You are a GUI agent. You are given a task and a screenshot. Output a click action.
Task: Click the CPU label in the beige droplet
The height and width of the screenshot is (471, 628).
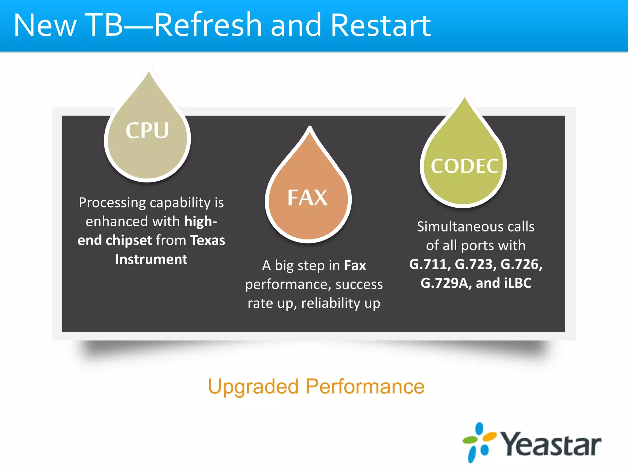pos(147,131)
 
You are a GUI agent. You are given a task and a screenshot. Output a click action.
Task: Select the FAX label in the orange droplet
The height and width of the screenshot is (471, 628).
pos(308,198)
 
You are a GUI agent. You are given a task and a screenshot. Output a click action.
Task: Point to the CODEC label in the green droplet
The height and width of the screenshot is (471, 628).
pos(464,166)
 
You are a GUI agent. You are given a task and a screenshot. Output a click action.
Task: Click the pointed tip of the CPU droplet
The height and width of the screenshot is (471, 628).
pos(149,72)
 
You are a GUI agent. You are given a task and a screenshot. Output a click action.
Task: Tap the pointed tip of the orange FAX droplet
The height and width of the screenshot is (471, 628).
pos(310,127)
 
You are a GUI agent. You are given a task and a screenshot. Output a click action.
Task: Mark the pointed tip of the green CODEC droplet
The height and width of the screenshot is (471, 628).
pos(465,98)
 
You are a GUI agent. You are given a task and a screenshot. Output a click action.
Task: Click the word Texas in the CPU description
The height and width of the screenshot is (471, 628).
pos(208,240)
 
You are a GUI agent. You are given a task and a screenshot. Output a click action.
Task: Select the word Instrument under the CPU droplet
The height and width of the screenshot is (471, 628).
pos(151,259)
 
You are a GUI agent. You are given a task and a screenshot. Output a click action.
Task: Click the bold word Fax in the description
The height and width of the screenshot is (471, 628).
pos(355,266)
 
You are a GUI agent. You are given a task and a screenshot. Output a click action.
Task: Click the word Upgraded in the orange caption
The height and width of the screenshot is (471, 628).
pos(253,386)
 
